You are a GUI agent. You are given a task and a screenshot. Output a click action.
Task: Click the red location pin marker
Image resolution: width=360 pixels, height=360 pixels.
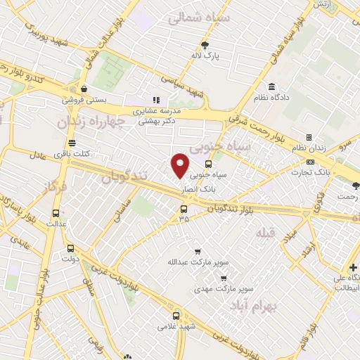point(181,165)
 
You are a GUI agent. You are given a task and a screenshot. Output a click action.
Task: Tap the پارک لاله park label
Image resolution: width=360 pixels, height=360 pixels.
point(207,55)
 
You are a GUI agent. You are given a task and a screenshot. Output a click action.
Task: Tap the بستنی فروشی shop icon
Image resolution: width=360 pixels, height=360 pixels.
point(84,89)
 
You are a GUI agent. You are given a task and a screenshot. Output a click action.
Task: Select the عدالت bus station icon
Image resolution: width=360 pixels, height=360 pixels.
point(56,214)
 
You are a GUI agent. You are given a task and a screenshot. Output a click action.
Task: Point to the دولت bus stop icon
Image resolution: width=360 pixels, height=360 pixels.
point(70,248)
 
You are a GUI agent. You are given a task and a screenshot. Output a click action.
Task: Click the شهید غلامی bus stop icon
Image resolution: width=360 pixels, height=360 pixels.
point(176,316)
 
